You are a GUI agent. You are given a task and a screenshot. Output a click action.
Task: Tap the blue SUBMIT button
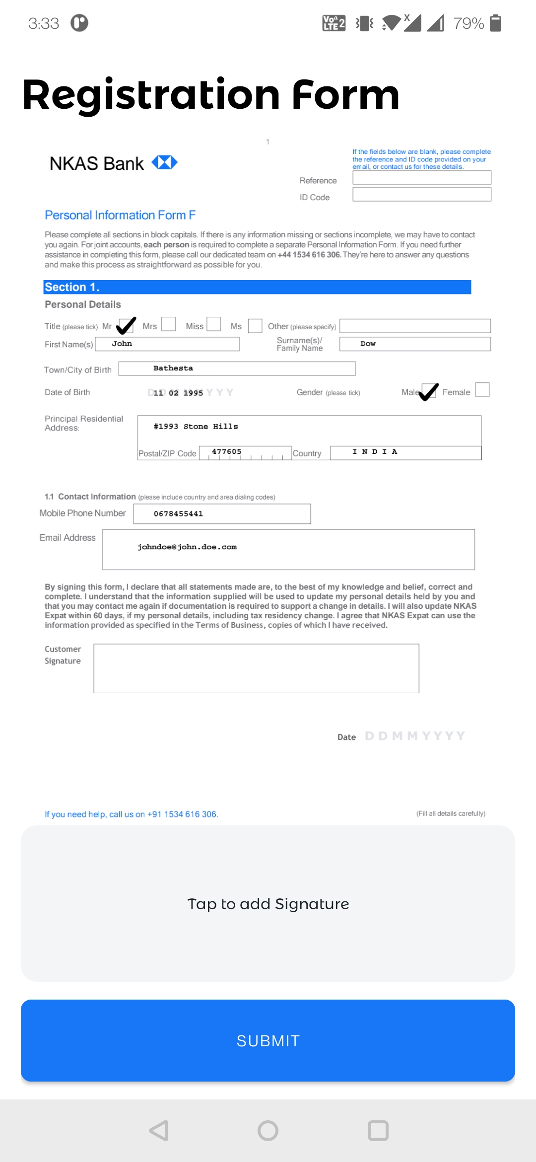pyautogui.click(x=268, y=1040)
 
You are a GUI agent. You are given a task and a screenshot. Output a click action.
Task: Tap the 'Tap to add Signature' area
pyautogui.click(x=268, y=903)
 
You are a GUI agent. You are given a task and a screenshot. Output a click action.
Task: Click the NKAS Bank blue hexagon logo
pyautogui.click(x=164, y=162)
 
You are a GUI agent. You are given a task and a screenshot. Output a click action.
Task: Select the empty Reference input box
pyautogui.click(x=421, y=178)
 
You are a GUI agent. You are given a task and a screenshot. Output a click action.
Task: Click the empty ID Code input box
pyautogui.click(x=421, y=194)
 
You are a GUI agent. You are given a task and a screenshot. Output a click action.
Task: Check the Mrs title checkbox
pyautogui.click(x=169, y=324)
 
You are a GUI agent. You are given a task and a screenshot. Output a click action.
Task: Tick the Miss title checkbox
pyautogui.click(x=214, y=324)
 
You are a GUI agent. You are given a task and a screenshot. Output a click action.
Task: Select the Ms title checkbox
pyautogui.click(x=255, y=326)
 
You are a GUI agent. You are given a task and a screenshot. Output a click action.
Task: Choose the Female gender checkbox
pyautogui.click(x=482, y=390)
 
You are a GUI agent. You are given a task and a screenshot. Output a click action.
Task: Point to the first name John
pyautogui.click(x=122, y=344)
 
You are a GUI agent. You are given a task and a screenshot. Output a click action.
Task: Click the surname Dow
pyautogui.click(x=368, y=344)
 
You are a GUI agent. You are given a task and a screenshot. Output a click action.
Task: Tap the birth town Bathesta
pyautogui.click(x=173, y=368)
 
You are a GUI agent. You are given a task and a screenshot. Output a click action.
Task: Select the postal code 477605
pyautogui.click(x=227, y=451)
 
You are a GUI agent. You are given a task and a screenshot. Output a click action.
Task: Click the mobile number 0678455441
pyautogui.click(x=178, y=513)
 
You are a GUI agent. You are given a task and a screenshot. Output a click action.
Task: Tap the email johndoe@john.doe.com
pyautogui.click(x=187, y=547)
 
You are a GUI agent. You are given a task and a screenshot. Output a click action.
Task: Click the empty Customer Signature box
pyautogui.click(x=256, y=668)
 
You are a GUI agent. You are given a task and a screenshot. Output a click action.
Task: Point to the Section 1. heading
pyautogui.click(x=72, y=287)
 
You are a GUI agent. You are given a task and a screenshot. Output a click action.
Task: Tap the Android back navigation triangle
pyautogui.click(x=159, y=1131)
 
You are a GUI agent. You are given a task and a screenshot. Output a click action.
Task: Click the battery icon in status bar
pyautogui.click(x=495, y=23)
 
